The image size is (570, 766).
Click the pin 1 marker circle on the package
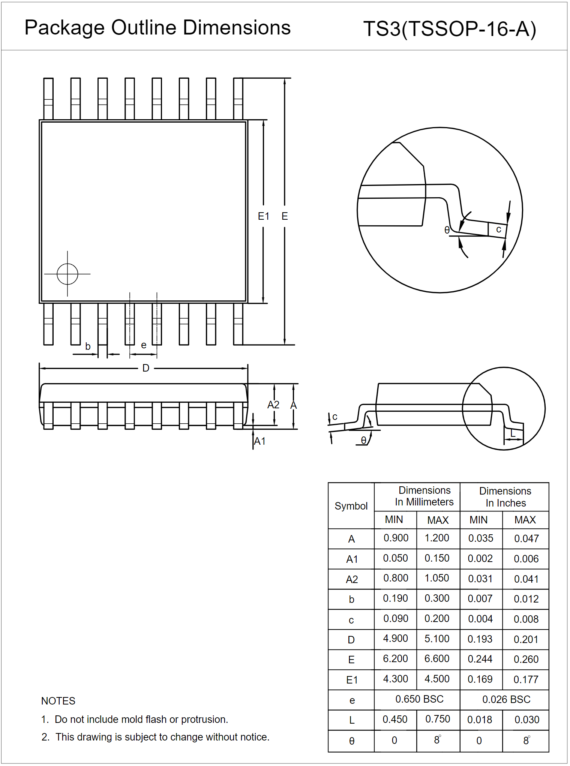[x=67, y=274]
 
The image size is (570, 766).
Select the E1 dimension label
[x=263, y=216]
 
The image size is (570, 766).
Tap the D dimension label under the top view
[x=146, y=368]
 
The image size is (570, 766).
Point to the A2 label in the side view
[x=273, y=405]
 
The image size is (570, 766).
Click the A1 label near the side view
[x=259, y=441]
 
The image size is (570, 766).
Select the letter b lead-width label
[x=88, y=346]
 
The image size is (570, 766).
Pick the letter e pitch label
[x=144, y=345]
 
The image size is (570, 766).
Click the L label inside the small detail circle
[x=513, y=434]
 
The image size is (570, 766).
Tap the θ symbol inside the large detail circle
[x=447, y=230]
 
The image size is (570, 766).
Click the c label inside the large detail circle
[x=498, y=229]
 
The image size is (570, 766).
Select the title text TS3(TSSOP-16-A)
[x=450, y=29]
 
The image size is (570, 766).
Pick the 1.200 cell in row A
[x=437, y=538]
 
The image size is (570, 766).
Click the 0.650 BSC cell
[x=419, y=699]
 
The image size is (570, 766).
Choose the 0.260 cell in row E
[x=526, y=659]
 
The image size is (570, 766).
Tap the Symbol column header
[x=351, y=506]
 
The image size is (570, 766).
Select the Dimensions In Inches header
[x=505, y=497]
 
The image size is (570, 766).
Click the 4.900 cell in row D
[x=395, y=639]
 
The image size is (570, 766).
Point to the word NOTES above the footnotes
[x=58, y=701]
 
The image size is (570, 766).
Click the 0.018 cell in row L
[x=480, y=720]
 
